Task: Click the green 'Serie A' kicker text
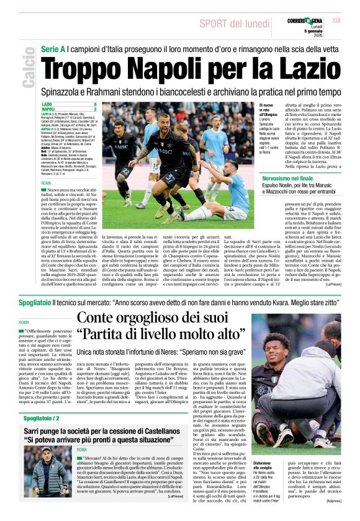[x=56, y=48]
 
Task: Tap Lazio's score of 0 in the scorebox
[x=95, y=104]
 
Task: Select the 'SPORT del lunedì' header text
[x=230, y=24]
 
